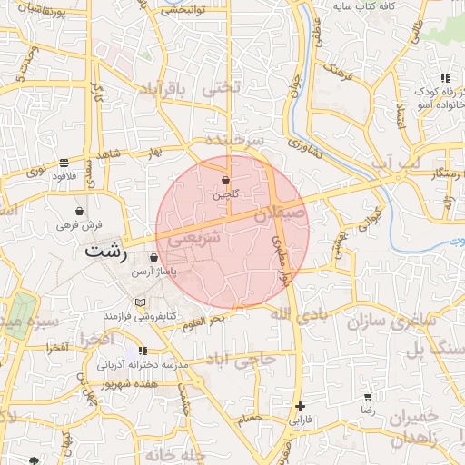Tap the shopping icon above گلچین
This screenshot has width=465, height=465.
225,181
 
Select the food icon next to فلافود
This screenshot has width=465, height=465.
64,164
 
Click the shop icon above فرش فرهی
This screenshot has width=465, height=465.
80,212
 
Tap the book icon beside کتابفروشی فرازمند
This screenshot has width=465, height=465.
139,302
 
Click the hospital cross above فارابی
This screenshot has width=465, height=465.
300,406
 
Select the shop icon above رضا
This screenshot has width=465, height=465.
368,397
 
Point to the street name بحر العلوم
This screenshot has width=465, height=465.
203,321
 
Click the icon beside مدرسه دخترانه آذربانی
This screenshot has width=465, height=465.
143,350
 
